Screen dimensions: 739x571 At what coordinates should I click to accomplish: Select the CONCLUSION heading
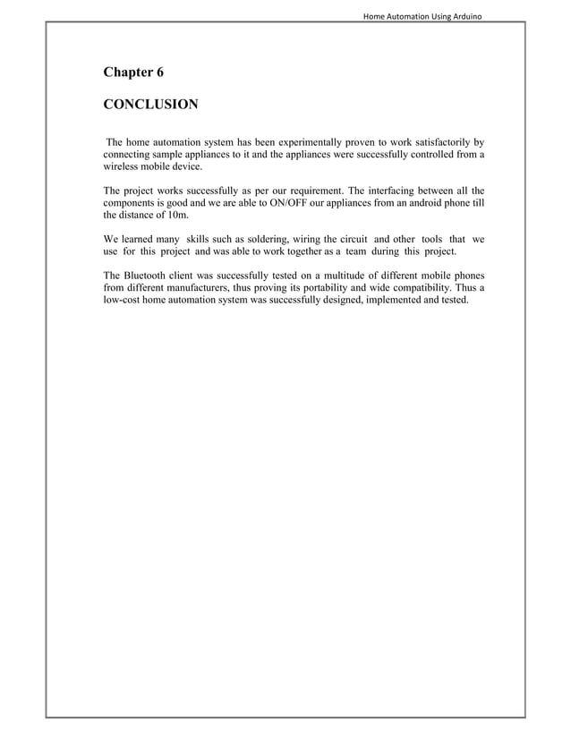[150, 105]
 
